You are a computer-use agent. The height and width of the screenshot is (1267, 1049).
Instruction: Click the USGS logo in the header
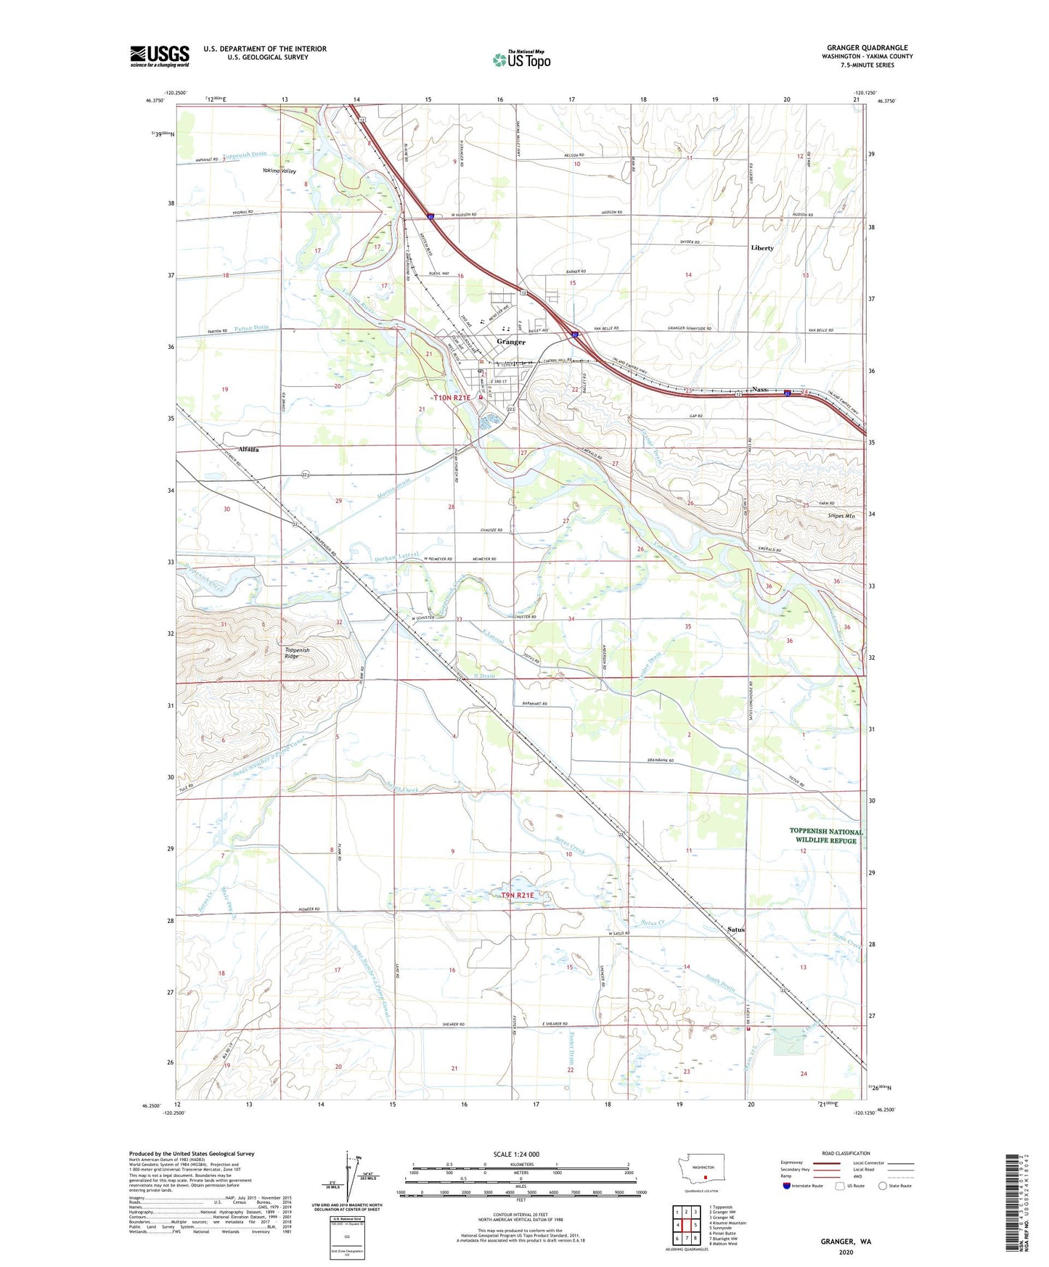[x=159, y=56]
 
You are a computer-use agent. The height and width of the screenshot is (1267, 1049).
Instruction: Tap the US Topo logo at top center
[x=521, y=60]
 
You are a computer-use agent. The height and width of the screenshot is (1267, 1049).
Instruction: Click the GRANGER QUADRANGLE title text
[x=867, y=48]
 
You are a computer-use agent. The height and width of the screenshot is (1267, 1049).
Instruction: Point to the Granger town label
[x=511, y=342]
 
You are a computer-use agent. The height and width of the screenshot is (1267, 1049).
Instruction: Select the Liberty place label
[x=762, y=248]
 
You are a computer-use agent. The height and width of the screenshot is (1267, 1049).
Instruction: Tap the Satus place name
[x=735, y=930]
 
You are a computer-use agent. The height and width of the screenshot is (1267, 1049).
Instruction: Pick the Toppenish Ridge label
[x=296, y=653]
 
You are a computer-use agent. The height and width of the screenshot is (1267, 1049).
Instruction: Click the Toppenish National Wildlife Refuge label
[x=825, y=836]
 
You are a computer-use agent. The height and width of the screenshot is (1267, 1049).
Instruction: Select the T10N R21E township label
[x=452, y=398]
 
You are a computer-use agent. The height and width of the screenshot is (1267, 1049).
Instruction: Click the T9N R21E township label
[x=517, y=895]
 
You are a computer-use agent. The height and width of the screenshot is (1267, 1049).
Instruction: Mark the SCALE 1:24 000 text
[x=516, y=1155]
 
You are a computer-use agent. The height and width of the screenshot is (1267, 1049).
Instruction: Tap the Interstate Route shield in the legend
[x=786, y=1186]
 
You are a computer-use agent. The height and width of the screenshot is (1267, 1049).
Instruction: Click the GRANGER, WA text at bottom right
[x=846, y=1242]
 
